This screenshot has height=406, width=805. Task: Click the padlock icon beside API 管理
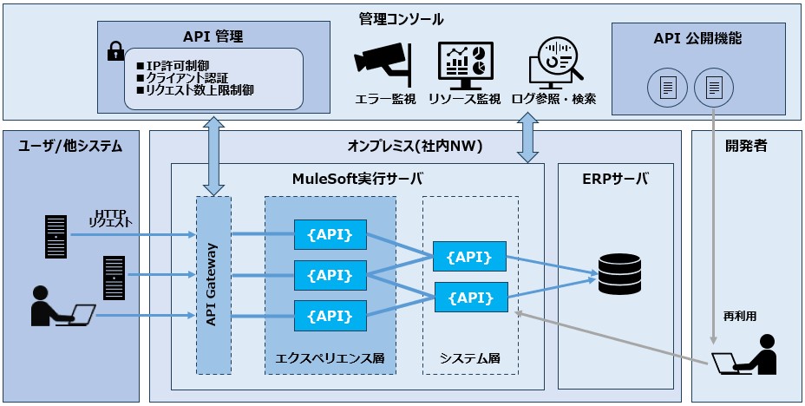(115, 52)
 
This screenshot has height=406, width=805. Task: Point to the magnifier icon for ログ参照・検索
(553, 62)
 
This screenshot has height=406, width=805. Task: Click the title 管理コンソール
(401, 18)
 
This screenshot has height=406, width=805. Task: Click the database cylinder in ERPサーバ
(619, 274)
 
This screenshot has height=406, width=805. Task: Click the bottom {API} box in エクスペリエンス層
(330, 314)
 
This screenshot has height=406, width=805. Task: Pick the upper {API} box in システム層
(469, 257)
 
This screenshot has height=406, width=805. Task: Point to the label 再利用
(740, 317)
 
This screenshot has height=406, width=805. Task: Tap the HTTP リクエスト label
(110, 218)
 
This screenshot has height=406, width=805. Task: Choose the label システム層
(469, 357)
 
